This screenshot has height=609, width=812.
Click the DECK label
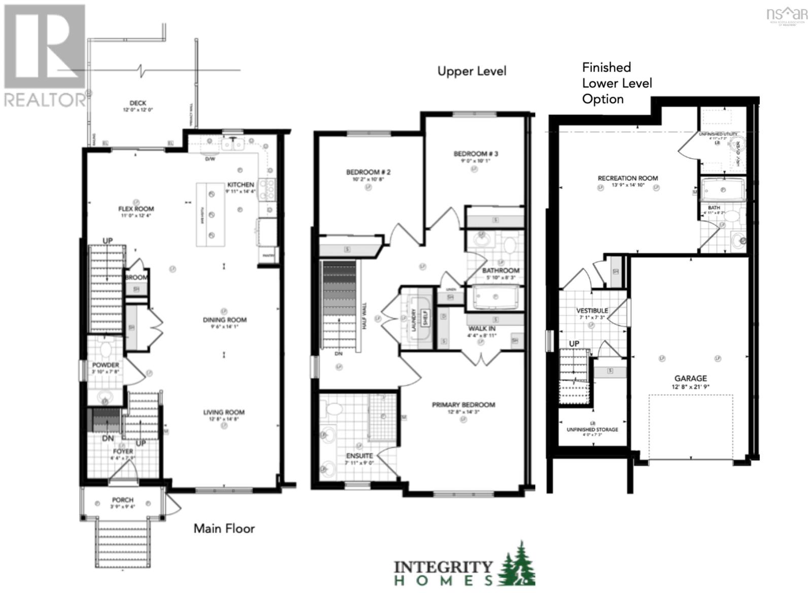(138, 103)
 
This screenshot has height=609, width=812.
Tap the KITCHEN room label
(241, 185)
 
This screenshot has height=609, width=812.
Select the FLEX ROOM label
(136, 209)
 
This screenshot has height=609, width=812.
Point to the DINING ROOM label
(224, 320)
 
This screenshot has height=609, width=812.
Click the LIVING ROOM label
(224, 413)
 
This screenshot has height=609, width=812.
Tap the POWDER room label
(106, 365)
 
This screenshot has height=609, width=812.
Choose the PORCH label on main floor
(123, 500)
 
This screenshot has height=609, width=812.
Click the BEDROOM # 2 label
(368, 173)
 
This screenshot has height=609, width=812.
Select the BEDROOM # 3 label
(476, 154)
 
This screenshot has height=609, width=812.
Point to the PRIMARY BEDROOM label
(463, 404)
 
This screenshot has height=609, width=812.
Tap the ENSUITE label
(359, 456)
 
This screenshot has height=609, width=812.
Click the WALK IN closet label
(482, 329)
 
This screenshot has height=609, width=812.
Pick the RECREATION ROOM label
(628, 178)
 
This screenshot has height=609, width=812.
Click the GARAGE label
(690, 378)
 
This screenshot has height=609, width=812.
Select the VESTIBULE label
(592, 311)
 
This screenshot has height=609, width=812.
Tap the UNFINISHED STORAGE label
(592, 429)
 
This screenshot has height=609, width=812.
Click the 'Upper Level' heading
(471, 71)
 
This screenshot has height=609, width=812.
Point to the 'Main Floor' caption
(224, 528)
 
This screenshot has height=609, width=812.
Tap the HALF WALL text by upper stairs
(364, 316)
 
